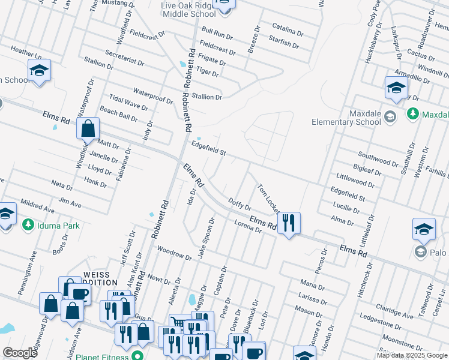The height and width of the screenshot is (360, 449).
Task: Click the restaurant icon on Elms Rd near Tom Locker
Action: click(x=289, y=223)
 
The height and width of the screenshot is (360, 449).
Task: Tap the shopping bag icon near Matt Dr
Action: click(x=88, y=128)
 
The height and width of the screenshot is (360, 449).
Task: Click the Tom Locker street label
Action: click(x=268, y=199)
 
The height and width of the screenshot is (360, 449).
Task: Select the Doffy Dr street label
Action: click(x=239, y=205)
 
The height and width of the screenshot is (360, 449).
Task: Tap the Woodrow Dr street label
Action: click(x=173, y=254)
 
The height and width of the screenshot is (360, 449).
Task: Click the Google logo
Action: click(x=20, y=352)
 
